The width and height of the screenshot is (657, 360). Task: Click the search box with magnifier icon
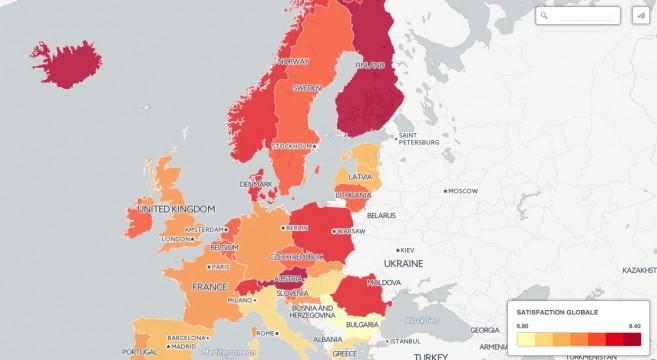pyautogui.click(x=578, y=15)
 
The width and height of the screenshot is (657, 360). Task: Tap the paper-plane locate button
pyautogui.click(x=640, y=15)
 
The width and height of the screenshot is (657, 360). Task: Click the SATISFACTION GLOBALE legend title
pyautogui.click(x=557, y=312)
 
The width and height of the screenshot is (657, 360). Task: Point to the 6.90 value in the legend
pyautogui.click(x=522, y=326)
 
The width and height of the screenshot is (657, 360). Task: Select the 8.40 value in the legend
pyautogui.click(x=634, y=326)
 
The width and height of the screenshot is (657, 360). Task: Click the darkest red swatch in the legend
pyautogui.click(x=632, y=340)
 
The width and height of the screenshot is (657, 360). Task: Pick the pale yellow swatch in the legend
pyautogui.click(x=525, y=340)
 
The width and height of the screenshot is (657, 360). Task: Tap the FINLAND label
pyautogui.click(x=370, y=65)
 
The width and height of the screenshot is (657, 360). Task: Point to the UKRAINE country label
pyautogui.click(x=403, y=263)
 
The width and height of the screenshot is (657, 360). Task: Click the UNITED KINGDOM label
pyautogui.click(x=175, y=209)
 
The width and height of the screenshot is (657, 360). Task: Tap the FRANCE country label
pyautogui.click(x=209, y=287)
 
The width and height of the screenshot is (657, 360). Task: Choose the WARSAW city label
pyautogui.click(x=351, y=231)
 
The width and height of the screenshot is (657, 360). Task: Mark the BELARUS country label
pyautogui.click(x=381, y=215)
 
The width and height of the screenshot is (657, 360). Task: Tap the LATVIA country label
pyautogui.click(x=363, y=178)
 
